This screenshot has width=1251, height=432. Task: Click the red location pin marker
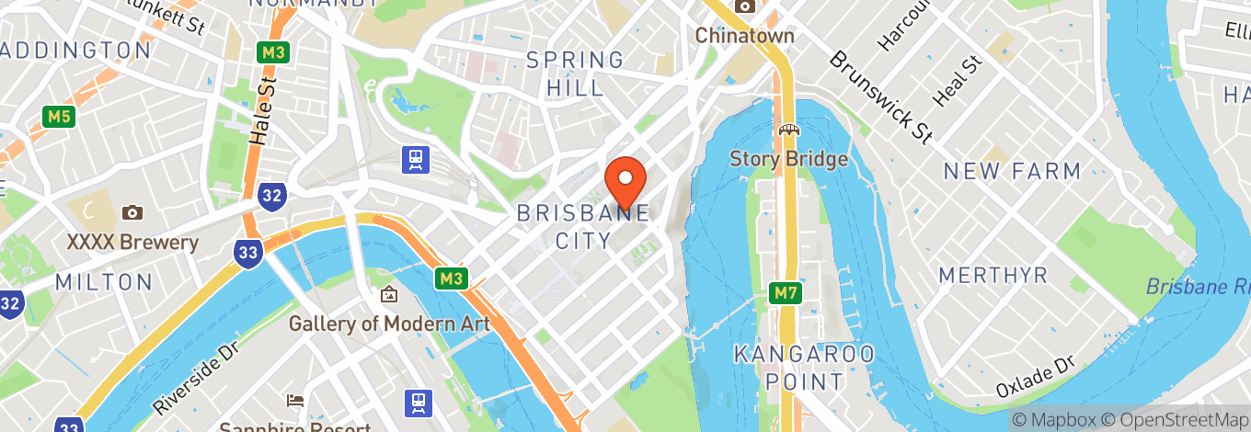[625, 181]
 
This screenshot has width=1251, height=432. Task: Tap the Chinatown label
[744, 36]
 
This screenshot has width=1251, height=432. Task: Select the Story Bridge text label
[788, 159]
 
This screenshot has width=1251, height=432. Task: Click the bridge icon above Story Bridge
[788, 131]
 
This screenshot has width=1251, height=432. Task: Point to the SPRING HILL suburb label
[575, 74]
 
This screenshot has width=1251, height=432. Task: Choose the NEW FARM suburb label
[1012, 171]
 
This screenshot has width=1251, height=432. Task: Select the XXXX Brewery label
[132, 243]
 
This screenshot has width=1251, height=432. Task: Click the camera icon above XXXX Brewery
[132, 212]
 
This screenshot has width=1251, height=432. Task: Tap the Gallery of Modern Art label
[389, 324]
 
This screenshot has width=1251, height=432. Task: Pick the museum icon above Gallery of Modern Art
[389, 295]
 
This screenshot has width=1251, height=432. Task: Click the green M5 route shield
[57, 117]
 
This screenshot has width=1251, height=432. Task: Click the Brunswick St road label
[879, 97]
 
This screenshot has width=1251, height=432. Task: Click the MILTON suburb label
[103, 282]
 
